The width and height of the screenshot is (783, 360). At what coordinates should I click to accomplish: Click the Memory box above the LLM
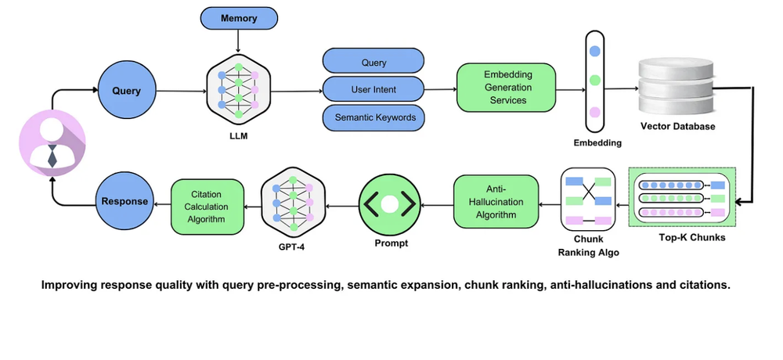(x=239, y=18)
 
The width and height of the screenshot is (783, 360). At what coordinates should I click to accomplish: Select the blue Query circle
(x=126, y=91)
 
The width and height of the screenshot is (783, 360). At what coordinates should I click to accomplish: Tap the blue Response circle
(x=123, y=201)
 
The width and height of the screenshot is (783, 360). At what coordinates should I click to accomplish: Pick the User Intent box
(x=373, y=89)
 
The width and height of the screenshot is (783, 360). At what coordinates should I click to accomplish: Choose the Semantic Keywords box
(x=373, y=117)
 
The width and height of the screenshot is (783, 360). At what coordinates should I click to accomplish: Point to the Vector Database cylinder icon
(x=677, y=84)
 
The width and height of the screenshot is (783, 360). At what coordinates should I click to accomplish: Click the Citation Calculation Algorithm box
(x=207, y=206)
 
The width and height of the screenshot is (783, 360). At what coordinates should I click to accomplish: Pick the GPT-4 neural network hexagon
(x=291, y=202)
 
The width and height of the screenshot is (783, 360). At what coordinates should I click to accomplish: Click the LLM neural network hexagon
(x=237, y=92)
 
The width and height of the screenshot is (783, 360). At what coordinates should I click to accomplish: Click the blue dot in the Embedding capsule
(x=595, y=51)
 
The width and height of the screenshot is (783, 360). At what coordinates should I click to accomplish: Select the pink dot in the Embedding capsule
(x=595, y=111)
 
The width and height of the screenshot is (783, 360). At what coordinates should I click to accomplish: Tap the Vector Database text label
(x=677, y=126)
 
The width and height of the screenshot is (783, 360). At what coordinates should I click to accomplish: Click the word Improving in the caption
(x=68, y=285)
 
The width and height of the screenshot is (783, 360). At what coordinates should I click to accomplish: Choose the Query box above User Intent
(x=373, y=62)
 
